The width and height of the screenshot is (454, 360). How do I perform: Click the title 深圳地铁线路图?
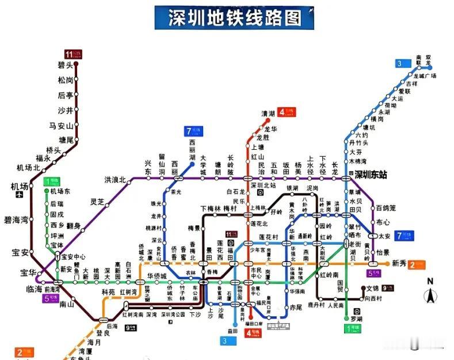point(234,18)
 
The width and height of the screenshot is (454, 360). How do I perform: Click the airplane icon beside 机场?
point(20,195)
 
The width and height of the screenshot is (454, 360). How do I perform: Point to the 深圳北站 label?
point(265,185)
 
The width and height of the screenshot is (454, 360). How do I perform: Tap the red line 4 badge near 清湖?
point(285,112)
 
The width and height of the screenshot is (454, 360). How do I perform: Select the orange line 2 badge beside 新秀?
point(417,264)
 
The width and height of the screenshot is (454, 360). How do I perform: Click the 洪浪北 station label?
point(115,180)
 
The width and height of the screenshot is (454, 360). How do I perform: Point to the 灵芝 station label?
point(97,202)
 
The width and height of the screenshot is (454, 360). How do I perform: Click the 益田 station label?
point(232,331)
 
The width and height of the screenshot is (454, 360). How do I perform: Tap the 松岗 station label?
point(65,80)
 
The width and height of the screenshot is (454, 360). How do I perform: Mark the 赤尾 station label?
point(296,308)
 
